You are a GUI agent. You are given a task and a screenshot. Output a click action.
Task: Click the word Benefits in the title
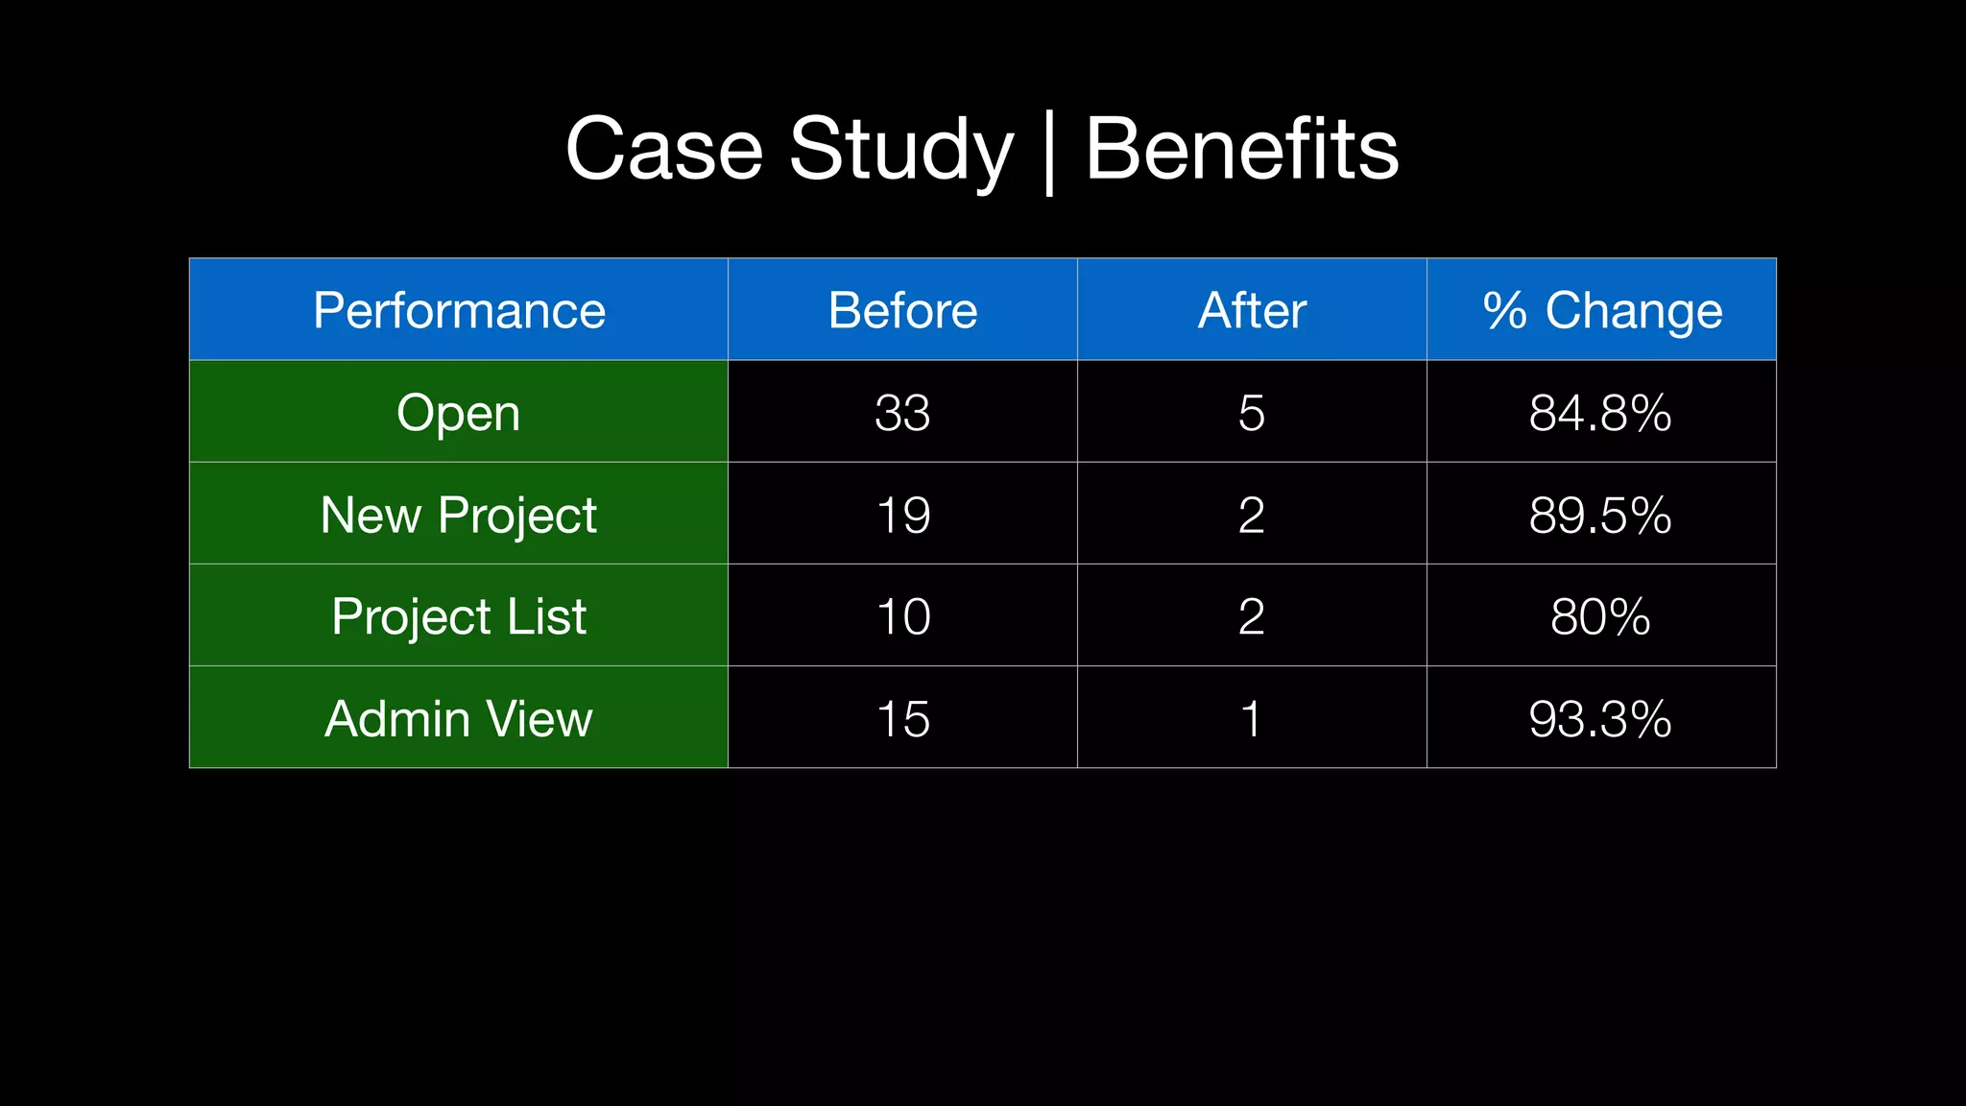point(1241,149)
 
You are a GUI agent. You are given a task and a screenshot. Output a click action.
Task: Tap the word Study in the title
point(900,149)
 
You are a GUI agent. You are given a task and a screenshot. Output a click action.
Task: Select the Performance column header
point(459,310)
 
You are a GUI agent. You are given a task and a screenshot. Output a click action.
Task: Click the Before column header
point(902,310)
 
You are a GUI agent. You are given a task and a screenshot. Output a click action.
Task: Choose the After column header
point(1252,310)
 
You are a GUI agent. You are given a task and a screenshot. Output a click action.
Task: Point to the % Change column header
point(1601,310)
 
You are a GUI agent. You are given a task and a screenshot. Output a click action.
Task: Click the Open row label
point(459,413)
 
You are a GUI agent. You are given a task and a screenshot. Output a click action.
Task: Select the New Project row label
point(459,515)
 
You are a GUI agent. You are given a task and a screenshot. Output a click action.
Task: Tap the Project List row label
point(459,615)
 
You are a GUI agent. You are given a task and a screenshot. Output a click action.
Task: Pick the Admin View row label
point(459,718)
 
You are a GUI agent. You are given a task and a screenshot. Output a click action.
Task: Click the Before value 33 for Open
point(902,413)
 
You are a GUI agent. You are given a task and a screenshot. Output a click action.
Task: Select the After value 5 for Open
point(1252,413)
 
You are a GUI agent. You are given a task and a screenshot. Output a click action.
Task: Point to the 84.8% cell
point(1600,413)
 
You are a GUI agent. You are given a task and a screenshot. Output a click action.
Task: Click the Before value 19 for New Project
point(902,515)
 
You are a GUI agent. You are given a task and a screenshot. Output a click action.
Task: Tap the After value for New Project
point(1252,515)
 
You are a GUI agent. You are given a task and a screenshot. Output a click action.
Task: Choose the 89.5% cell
point(1600,515)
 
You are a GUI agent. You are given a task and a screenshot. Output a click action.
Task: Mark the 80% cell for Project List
point(1600,615)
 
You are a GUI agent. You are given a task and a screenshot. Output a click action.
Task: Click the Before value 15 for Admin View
point(902,718)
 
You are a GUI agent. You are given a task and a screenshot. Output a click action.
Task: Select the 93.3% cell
point(1600,718)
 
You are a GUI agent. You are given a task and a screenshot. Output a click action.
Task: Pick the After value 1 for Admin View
point(1252,718)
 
